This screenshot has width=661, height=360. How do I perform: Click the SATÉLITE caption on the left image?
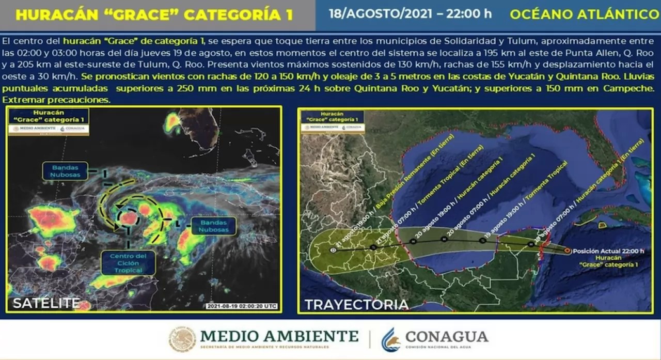coord(46,303)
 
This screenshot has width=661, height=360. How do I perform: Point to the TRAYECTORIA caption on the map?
coord(356,304)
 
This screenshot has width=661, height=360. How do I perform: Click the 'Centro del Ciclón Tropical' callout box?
coord(128,263)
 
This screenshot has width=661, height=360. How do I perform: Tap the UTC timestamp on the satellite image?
coord(242,306)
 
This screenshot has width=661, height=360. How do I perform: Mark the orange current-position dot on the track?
coord(568,251)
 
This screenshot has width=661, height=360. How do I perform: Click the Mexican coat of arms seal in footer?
coord(182,339)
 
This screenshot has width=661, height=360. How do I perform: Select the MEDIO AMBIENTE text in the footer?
coord(279,336)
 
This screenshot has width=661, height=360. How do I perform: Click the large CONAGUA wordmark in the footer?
coord(447,337)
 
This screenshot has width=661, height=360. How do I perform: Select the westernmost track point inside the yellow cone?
coord(333,250)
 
